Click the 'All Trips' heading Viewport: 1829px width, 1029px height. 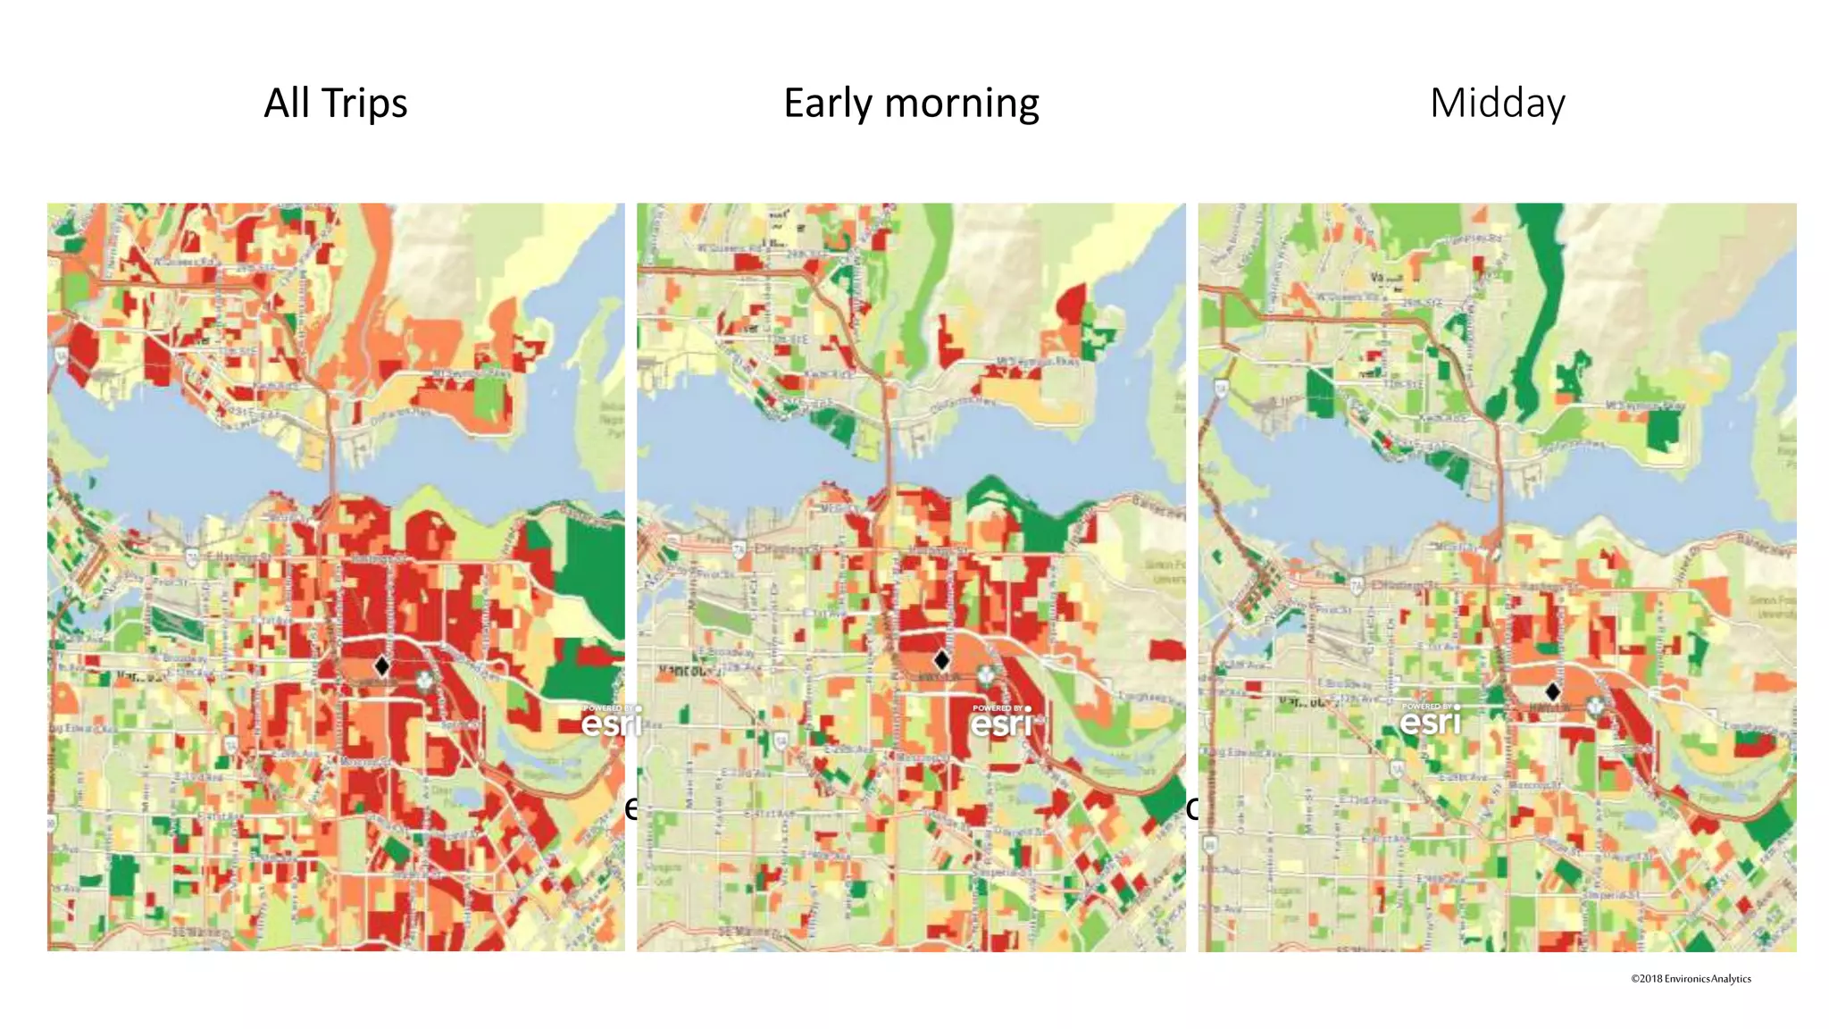click(x=335, y=103)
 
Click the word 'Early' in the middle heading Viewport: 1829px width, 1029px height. click(x=828, y=104)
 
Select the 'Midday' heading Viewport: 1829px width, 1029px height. click(x=1497, y=103)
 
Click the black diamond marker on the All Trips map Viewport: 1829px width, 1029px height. click(x=381, y=665)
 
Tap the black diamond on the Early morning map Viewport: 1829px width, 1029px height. click(x=941, y=660)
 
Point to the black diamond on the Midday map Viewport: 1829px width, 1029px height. click(x=1552, y=691)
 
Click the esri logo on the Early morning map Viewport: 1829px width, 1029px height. click(x=1002, y=722)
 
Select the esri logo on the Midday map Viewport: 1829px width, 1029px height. click(x=1431, y=719)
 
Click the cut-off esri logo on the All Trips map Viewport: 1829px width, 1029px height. click(x=611, y=721)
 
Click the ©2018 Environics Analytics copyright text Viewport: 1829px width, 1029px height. click(x=1691, y=979)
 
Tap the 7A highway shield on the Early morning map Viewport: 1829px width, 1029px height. click(x=739, y=548)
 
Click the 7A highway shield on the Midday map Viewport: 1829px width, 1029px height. click(x=1357, y=586)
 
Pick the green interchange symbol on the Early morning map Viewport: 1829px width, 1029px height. click(x=985, y=676)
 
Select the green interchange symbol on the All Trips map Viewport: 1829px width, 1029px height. click(x=426, y=681)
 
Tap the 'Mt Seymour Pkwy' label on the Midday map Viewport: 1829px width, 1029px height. click(x=1645, y=406)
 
